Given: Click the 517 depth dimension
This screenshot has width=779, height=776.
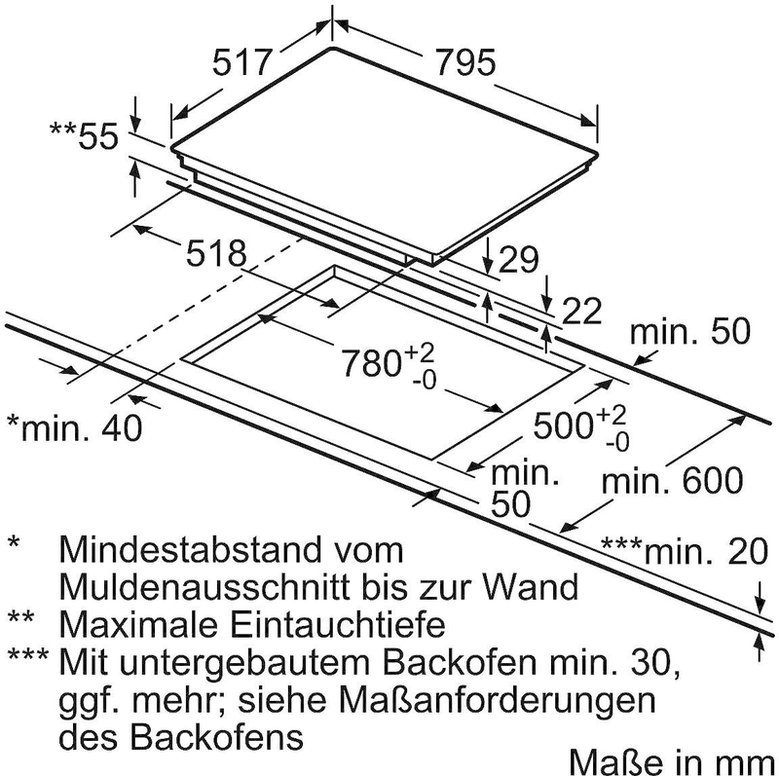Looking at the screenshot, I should coord(241,63).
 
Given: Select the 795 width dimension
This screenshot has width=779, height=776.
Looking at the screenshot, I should coord(457,63).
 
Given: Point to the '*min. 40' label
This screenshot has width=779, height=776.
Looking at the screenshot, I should coord(74,425).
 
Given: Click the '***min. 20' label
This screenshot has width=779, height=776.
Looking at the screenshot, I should coord(679,552).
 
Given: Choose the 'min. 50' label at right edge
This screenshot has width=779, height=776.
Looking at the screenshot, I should coord(690,332).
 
